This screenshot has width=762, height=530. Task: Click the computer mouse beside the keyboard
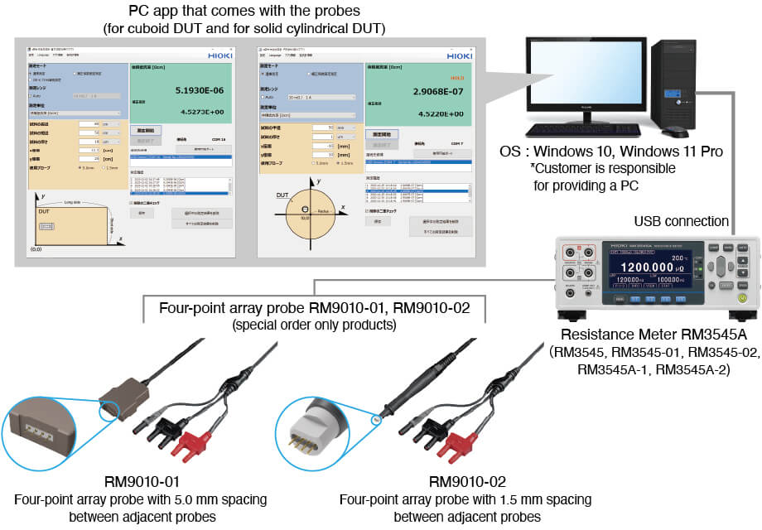tap(676, 132)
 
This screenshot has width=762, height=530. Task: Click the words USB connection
tap(682, 221)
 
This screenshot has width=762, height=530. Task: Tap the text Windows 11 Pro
tap(677, 152)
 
